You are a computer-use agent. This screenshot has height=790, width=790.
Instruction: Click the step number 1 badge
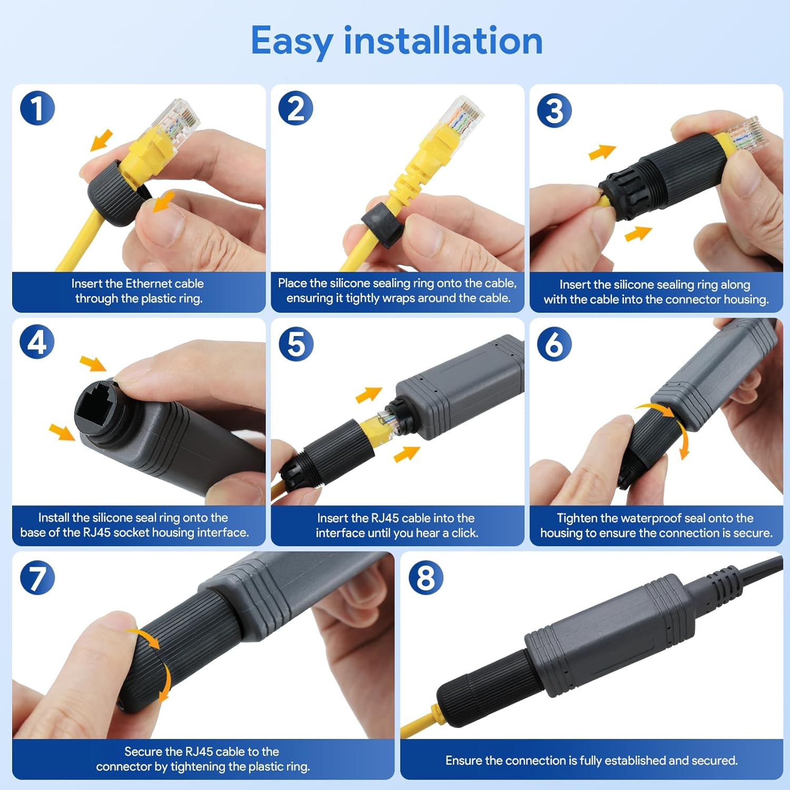point(37,108)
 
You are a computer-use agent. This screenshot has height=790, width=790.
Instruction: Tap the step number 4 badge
point(37,342)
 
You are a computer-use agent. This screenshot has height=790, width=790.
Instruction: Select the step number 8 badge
point(426,578)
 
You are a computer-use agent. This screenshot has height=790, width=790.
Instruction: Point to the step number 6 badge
point(554,344)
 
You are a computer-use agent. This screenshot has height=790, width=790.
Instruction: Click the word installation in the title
point(443,41)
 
